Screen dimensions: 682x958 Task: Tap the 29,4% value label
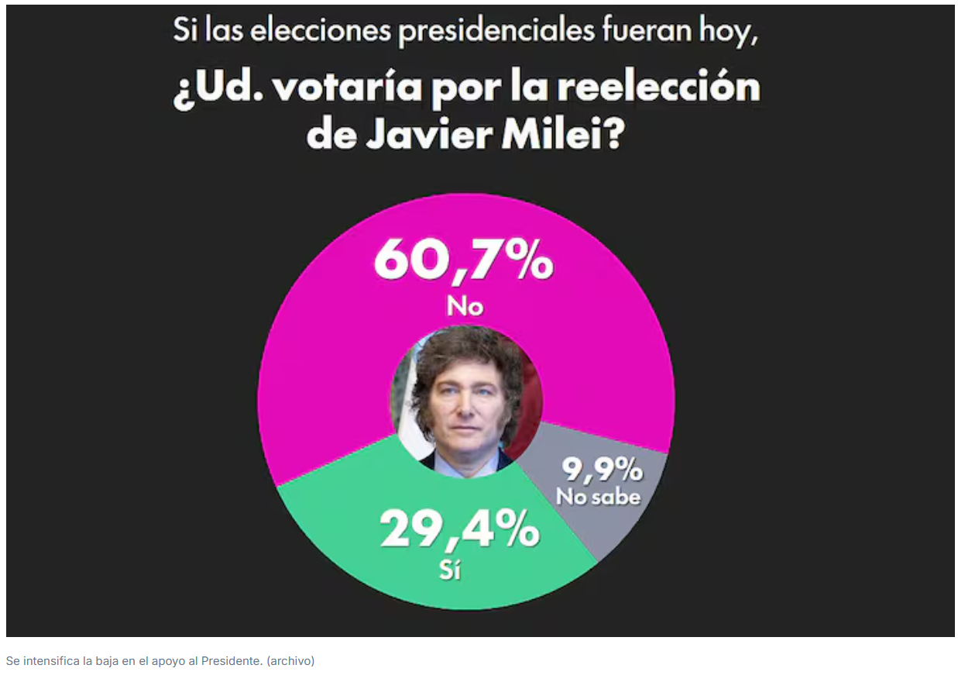tap(459, 529)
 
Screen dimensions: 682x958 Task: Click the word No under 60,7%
tap(465, 307)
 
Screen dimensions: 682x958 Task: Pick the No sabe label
tap(599, 497)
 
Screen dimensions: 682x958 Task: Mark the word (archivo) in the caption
tap(290, 661)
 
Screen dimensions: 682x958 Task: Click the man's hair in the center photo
tap(465, 349)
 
